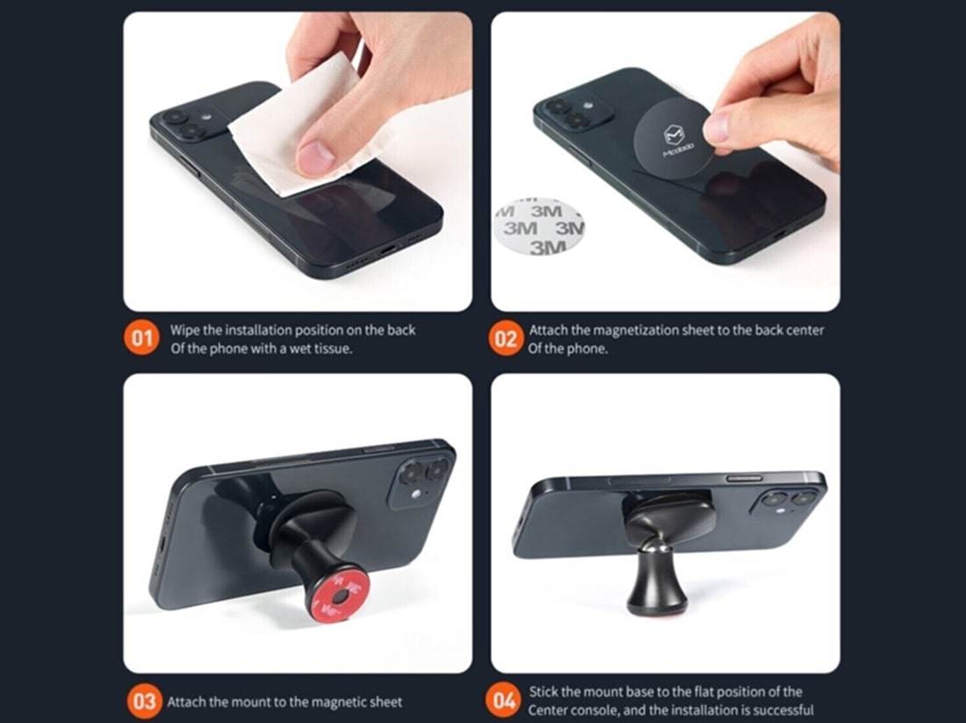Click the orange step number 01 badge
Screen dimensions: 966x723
tap(141, 338)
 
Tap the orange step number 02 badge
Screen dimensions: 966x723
tap(506, 338)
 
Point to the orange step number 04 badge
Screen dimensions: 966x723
tap(503, 701)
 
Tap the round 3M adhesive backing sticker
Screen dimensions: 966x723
tap(538, 226)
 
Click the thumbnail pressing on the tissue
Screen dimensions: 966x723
tap(315, 158)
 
